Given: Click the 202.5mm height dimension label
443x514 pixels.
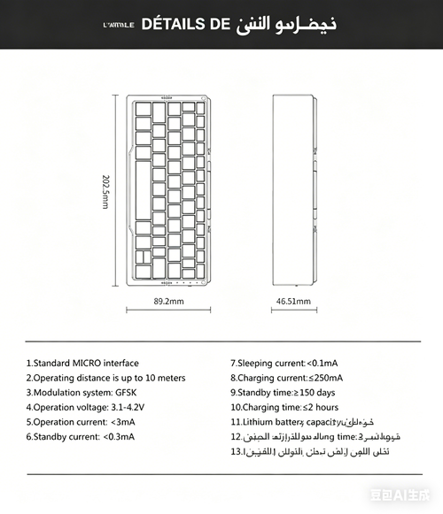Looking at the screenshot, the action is [x=105, y=192].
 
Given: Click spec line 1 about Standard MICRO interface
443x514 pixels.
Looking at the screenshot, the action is [x=82, y=363].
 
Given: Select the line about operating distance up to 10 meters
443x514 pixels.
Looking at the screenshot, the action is [x=105, y=378].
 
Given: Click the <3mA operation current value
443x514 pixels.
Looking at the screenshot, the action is [x=124, y=421].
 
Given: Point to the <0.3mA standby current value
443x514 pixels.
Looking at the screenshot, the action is [x=120, y=436].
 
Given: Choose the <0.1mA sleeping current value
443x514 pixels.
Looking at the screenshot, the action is [x=324, y=363].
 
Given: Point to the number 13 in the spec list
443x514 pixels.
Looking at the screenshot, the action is [x=236, y=451].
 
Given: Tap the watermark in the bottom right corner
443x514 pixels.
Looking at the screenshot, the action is [x=413, y=501].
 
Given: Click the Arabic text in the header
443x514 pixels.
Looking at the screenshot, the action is [x=288, y=24].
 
